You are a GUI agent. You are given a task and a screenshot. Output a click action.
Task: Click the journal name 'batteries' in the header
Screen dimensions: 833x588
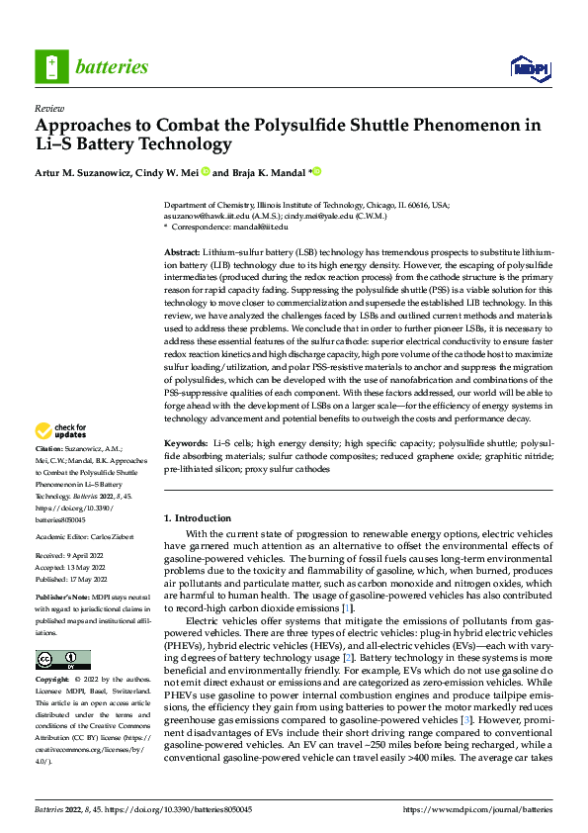[x=111, y=67]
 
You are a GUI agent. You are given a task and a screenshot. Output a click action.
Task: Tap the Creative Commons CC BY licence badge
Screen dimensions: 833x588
[x=62, y=660]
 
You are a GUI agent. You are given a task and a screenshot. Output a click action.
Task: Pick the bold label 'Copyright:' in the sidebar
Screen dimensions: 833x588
[x=53, y=681]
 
